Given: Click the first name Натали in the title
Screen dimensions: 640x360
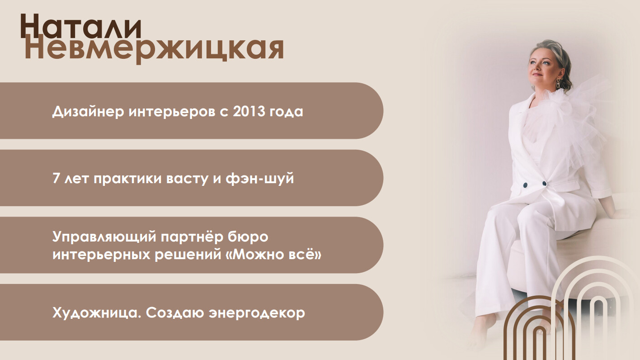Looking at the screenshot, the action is (81, 27).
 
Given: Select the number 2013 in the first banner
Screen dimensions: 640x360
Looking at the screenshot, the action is (249, 111).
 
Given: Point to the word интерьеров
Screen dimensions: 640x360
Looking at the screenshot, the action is (172, 112).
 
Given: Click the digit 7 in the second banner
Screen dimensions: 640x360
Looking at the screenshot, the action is (56, 178).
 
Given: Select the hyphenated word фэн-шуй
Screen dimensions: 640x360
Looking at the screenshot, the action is (260, 179).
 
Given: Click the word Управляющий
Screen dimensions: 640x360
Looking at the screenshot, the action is (104, 237).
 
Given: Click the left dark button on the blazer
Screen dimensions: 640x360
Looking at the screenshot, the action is (525, 185).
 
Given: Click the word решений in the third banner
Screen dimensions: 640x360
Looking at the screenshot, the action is (188, 255).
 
